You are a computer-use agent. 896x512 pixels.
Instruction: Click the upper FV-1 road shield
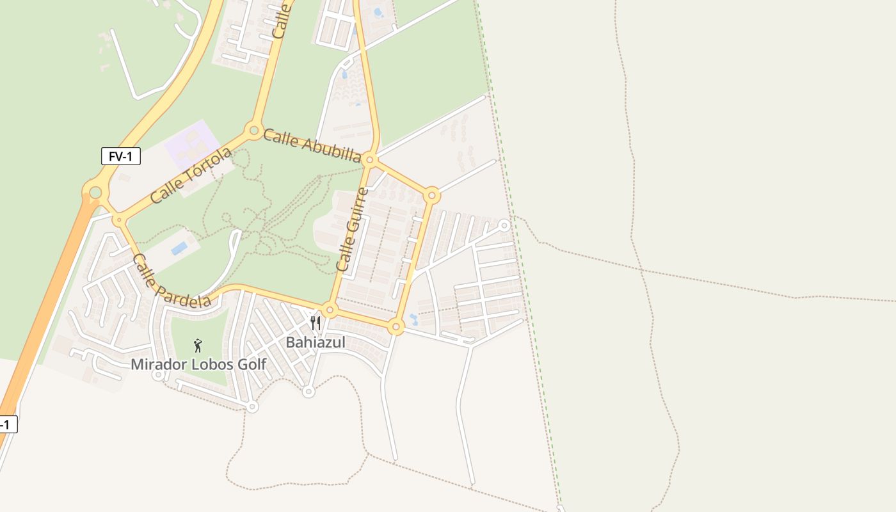(120, 156)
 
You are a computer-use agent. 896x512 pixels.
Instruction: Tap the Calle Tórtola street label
(191, 175)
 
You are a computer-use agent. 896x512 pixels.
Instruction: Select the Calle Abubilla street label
(312, 146)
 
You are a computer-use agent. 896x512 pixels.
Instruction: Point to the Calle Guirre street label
(353, 229)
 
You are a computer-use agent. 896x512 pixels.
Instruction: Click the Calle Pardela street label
(171, 282)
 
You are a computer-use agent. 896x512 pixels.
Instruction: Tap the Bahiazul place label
(315, 342)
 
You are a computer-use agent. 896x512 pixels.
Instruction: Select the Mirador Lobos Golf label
(198, 364)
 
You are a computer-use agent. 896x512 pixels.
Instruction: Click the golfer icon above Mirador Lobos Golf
(198, 346)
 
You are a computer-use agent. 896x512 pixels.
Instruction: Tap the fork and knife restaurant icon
(315, 323)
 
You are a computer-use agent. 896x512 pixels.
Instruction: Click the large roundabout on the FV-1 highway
(95, 192)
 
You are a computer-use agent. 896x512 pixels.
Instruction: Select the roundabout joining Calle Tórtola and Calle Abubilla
(254, 131)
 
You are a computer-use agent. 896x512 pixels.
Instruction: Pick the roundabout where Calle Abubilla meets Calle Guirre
(370, 159)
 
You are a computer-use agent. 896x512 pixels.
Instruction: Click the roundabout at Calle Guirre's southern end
(330, 310)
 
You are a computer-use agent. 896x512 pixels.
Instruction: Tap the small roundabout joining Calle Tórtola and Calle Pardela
(119, 220)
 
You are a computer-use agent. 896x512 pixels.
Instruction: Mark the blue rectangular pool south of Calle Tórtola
(179, 248)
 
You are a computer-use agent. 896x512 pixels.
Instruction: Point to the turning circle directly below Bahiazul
(308, 391)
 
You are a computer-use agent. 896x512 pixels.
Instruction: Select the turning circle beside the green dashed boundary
(504, 225)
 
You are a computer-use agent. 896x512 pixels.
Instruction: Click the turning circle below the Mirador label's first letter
(158, 375)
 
